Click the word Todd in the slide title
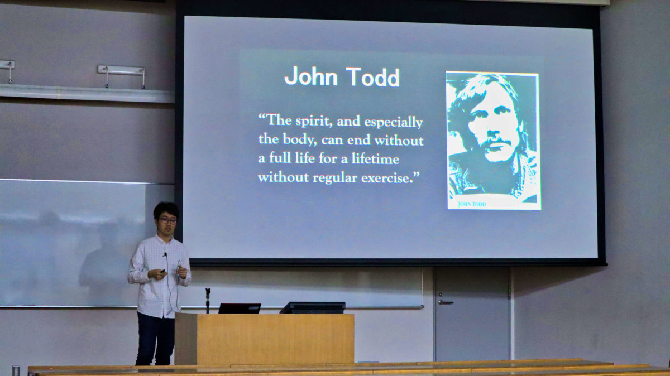pos(373,77)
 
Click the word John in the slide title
pos(311,76)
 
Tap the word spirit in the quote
pos(314,122)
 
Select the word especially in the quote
pos(393,123)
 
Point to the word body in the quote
pos(299,139)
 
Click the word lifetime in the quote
pos(375,158)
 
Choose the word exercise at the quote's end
pos(385,179)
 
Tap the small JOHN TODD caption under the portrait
pos(472,204)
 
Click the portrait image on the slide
pos(493,141)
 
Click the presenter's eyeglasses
pos(168,221)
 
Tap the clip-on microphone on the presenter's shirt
pos(165,254)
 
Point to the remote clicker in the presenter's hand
pos(162,271)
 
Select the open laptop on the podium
pos(240,308)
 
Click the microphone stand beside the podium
pos(208,300)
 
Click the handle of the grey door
pos(446,302)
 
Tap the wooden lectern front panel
pos(275,339)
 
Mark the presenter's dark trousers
pos(155,339)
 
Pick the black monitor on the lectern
pos(313,307)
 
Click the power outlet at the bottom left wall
pos(16,370)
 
